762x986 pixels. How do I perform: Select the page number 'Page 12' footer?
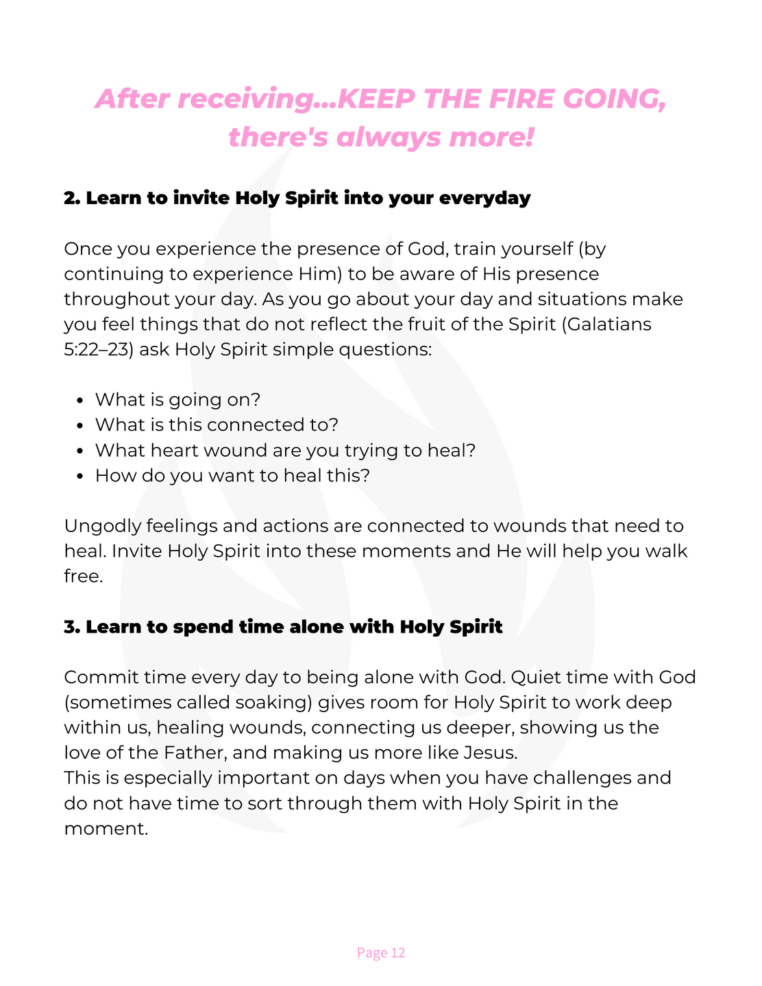[381, 952]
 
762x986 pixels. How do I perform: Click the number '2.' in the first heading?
[72, 198]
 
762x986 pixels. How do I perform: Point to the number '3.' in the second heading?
[72, 627]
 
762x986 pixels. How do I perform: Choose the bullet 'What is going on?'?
[178, 399]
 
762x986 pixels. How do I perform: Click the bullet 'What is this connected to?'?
[217, 425]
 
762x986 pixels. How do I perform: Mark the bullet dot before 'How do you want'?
[81, 476]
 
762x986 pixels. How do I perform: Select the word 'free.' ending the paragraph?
[83, 576]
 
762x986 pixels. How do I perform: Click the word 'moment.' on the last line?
[106, 828]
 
